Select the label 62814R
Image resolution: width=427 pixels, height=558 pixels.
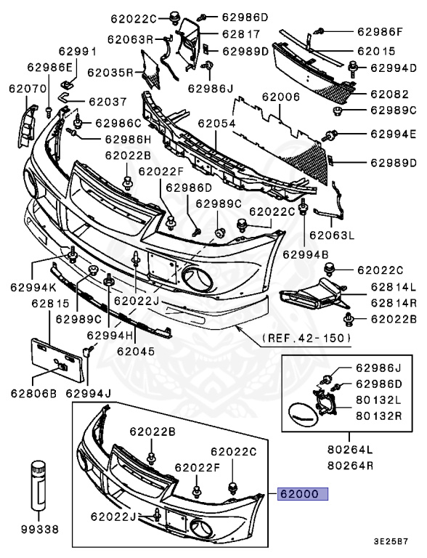click(x=393, y=302)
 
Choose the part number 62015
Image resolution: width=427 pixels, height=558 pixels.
click(x=375, y=52)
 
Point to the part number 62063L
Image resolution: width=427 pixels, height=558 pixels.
click(x=331, y=235)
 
